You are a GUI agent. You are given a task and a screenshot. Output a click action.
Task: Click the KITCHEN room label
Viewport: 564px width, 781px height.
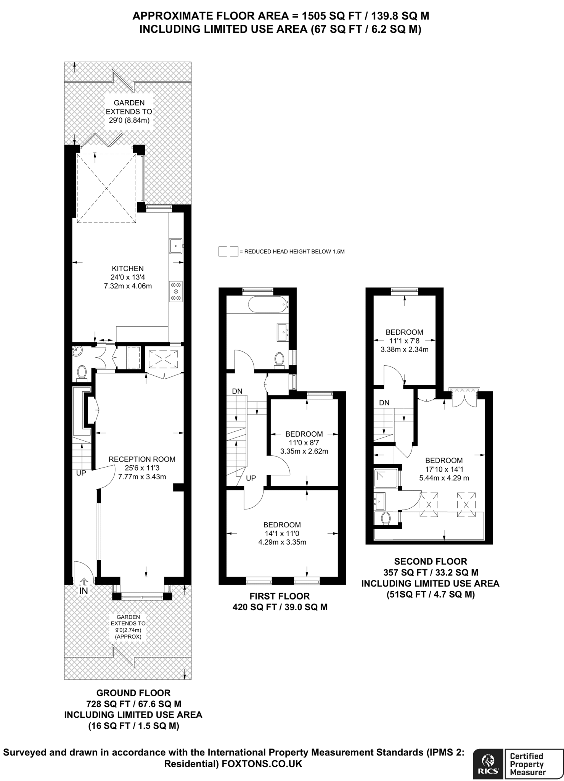127,268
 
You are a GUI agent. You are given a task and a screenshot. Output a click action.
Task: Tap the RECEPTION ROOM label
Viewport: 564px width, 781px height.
142,459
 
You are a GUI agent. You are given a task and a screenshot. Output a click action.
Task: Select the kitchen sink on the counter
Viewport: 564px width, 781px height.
176,246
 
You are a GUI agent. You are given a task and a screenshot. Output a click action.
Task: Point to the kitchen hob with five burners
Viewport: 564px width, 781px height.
176,291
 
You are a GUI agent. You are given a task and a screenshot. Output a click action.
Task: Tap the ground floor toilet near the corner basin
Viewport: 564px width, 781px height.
82,372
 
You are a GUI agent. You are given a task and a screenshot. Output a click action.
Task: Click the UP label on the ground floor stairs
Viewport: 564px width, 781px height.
81,473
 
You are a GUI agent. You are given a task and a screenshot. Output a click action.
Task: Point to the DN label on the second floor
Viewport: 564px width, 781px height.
384,403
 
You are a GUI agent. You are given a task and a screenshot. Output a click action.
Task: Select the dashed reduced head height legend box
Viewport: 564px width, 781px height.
228,252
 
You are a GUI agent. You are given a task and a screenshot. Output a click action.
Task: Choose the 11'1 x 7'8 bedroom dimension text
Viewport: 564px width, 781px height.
404,341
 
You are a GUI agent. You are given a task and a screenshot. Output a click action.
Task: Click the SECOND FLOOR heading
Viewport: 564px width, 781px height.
430,561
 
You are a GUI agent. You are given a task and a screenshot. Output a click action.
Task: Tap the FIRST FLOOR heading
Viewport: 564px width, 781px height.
280,596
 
